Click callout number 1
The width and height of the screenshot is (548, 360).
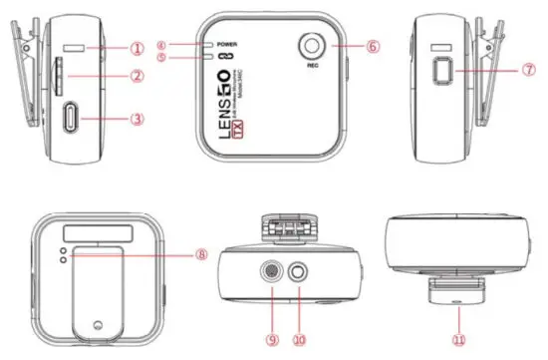[x=138, y=47]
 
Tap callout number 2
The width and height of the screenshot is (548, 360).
[x=138, y=77]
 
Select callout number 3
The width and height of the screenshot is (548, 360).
[x=138, y=119]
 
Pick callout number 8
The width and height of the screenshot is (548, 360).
[x=202, y=254]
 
